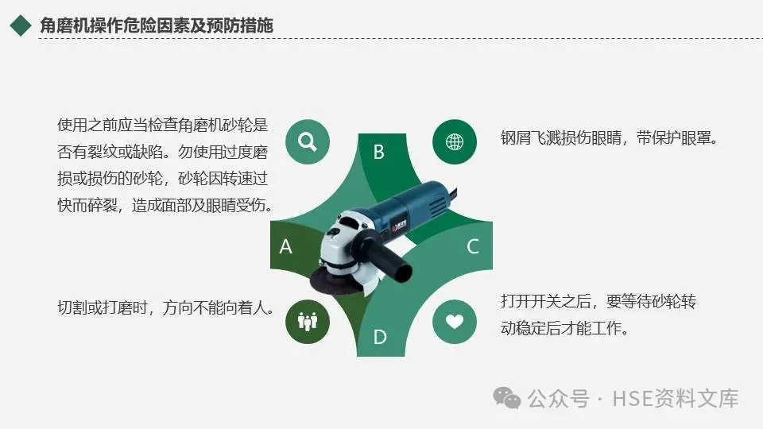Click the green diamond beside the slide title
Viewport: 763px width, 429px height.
pos(21,25)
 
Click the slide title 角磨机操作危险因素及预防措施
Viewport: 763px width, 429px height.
pos(157,25)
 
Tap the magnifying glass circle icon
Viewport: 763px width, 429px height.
pos(308,141)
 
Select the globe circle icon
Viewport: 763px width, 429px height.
pos(455,141)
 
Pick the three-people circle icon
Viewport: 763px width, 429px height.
pos(308,322)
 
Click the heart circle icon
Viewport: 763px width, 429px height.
pos(455,322)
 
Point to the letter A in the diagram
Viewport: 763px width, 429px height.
pos(285,246)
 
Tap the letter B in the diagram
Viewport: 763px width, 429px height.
pos(378,152)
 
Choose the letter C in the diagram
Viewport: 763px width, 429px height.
pos(472,246)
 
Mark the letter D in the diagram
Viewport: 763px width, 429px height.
pos(380,337)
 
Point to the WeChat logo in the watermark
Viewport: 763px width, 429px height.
pos(506,398)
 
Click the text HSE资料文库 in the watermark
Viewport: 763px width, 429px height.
pos(676,398)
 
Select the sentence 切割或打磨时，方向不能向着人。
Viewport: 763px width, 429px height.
pos(166,307)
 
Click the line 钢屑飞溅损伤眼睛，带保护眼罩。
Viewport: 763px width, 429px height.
pos(610,138)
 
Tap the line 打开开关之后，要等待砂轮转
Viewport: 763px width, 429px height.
pos(598,302)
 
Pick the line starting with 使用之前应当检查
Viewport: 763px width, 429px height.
pos(162,125)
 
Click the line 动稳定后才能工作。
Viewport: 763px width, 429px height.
pos(564,328)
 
